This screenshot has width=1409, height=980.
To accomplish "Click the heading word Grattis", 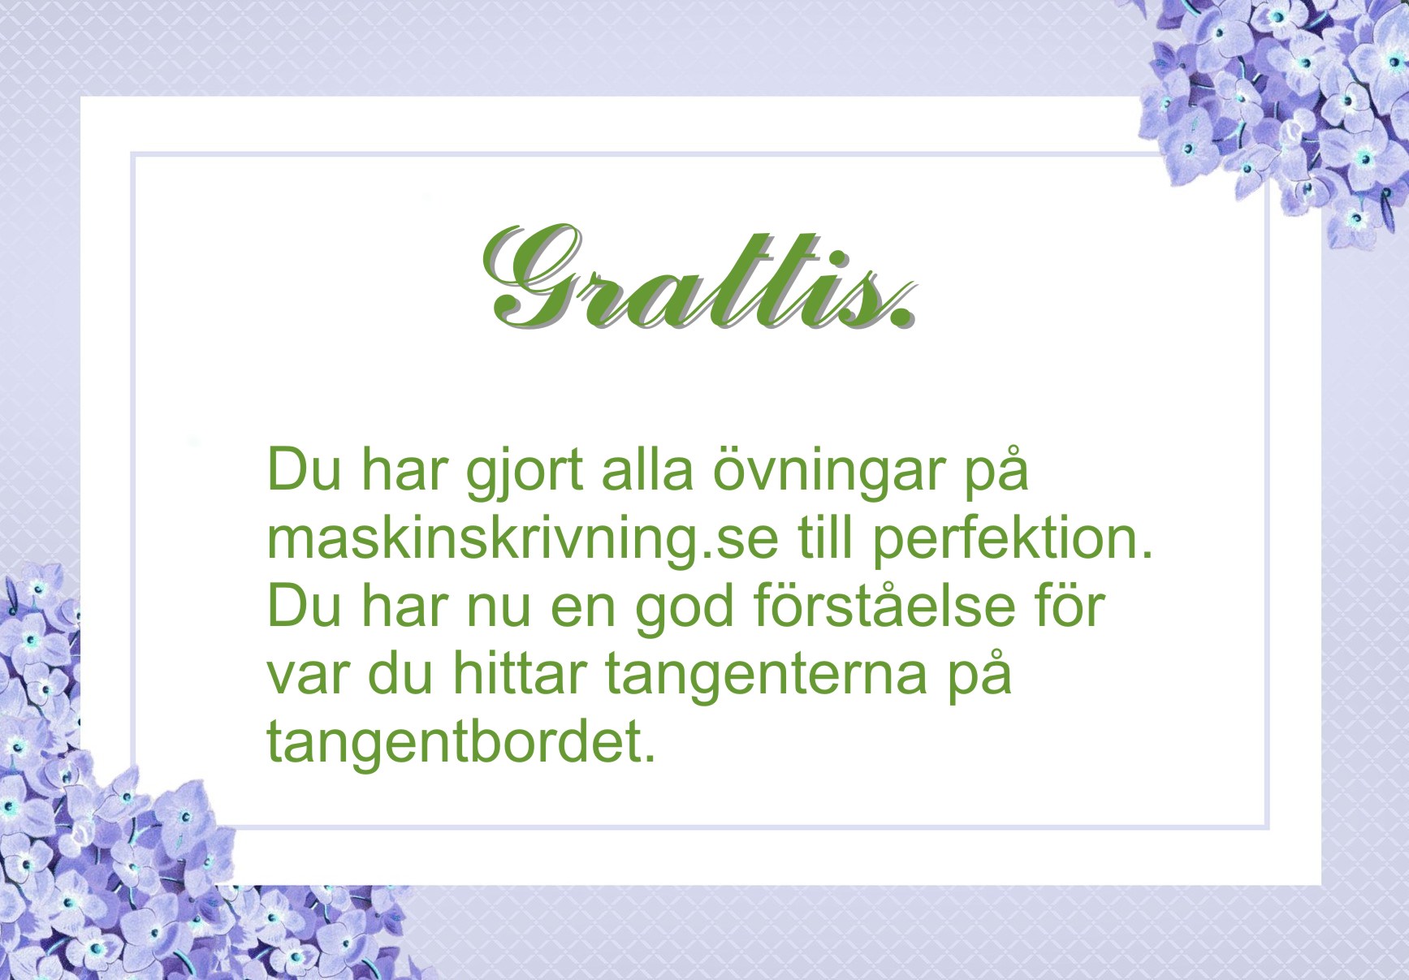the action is coord(700,278).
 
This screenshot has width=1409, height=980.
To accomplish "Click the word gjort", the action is coord(524,473).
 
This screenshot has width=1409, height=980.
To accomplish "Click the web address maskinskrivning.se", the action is coord(522,540).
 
